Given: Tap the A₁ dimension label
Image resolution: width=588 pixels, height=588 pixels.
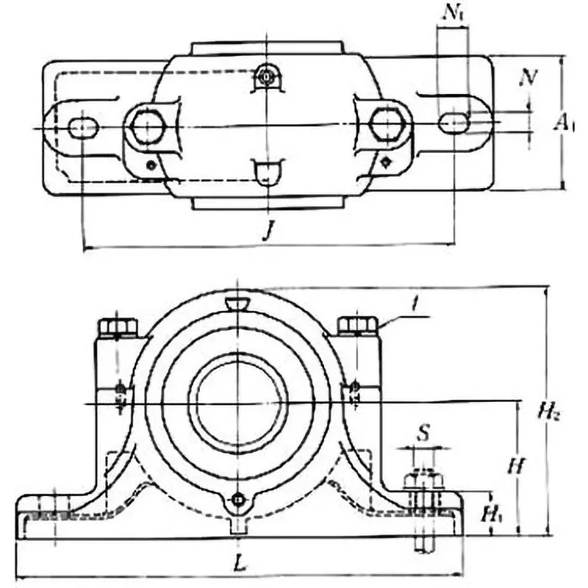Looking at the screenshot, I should (x=563, y=123).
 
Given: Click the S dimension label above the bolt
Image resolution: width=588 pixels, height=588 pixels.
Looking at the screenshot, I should (x=423, y=433).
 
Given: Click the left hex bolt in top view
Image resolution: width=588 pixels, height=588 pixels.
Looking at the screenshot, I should (x=148, y=128).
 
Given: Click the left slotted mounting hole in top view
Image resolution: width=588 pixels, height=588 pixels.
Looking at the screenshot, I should (x=82, y=128).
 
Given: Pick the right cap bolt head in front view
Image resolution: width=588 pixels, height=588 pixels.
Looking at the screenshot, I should (x=357, y=324).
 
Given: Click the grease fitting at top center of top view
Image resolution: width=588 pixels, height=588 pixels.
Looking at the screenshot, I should (x=266, y=75).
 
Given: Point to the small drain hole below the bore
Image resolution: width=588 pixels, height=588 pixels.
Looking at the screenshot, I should (x=237, y=500).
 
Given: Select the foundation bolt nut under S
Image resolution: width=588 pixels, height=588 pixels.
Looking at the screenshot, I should (x=424, y=481).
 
